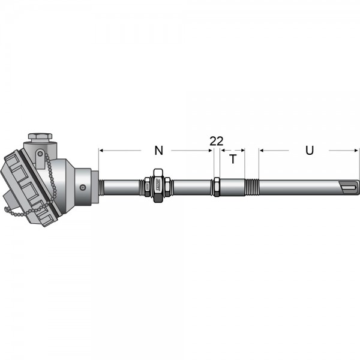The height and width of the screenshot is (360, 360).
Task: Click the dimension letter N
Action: [158, 151]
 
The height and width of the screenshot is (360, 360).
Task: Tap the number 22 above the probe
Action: [216, 141]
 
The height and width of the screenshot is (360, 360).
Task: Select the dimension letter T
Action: [233, 159]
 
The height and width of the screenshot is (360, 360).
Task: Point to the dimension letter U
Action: [309, 151]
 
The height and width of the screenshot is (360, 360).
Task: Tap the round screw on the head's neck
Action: [82, 187]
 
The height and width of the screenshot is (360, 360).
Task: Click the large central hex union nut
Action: [158, 186]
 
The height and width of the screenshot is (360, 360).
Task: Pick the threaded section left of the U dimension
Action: [252, 187]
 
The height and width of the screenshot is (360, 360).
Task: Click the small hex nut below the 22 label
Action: [217, 187]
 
